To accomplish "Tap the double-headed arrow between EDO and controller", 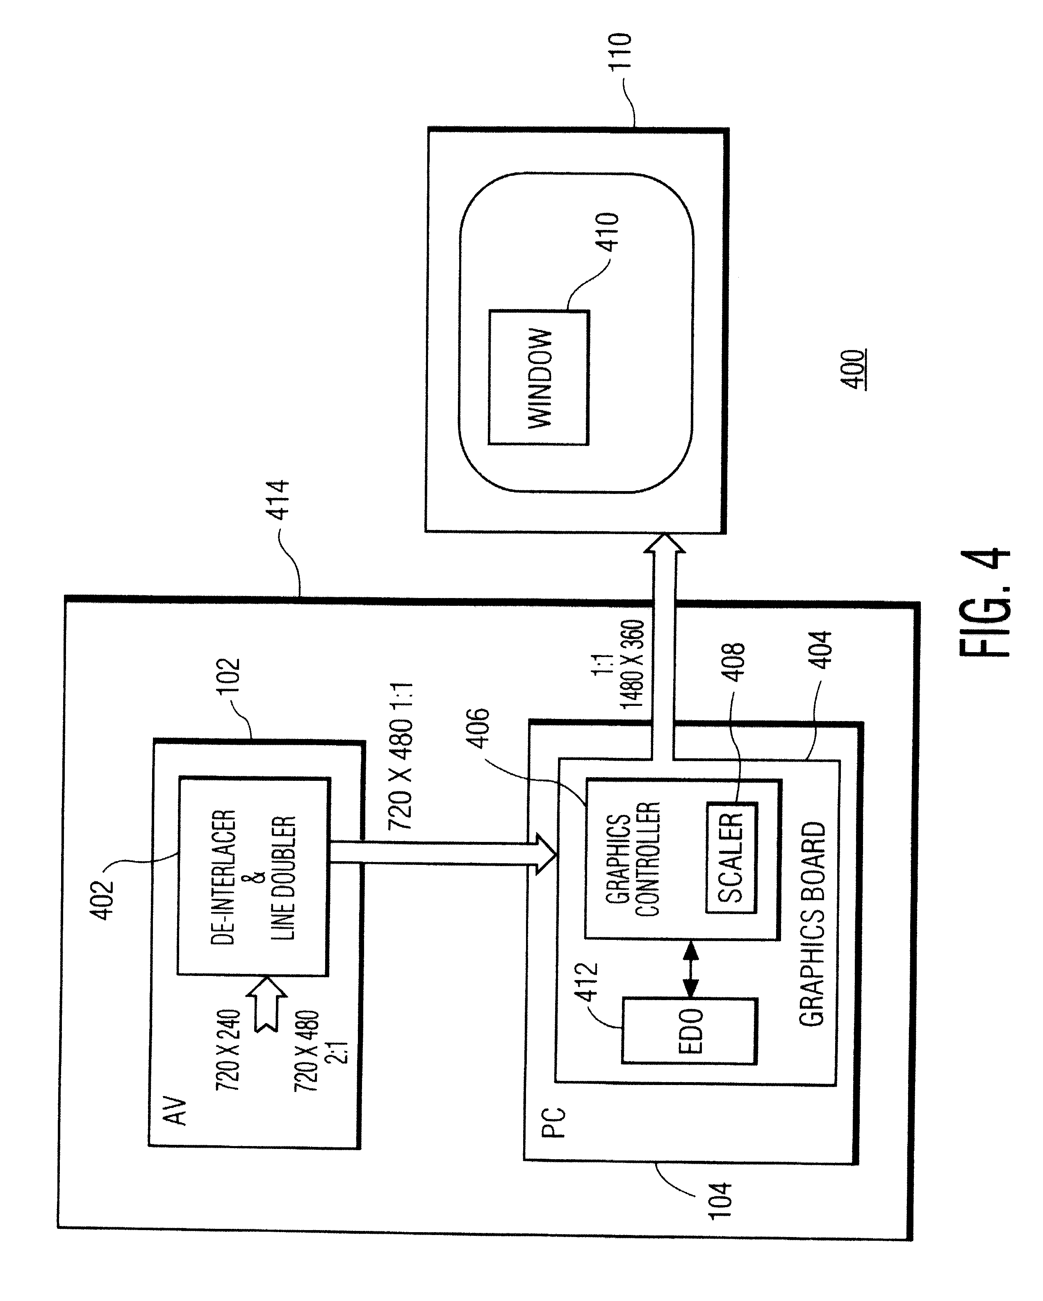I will point(691,969).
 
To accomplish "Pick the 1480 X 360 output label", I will point(633,664).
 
